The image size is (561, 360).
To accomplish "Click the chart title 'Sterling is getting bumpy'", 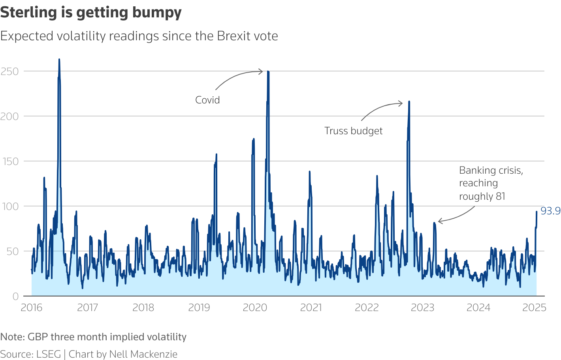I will point(91,13).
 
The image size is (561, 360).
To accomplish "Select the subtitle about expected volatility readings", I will point(139,36).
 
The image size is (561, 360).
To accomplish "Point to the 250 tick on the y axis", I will point(10,71).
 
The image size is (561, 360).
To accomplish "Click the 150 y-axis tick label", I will point(10,161).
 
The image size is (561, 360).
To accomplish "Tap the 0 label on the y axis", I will point(15,296).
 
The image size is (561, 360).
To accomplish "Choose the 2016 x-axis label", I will point(31,307).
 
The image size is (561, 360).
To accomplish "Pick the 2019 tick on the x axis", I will point(199,307).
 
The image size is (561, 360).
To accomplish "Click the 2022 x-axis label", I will point(367,307).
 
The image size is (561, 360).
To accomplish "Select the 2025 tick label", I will point(534,307).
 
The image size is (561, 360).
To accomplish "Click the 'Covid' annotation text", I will point(207,100).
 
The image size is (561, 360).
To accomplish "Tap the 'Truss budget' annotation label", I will point(353,131).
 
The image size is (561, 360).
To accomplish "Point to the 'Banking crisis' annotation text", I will point(491,171).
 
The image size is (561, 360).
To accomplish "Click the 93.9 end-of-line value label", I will point(550,211).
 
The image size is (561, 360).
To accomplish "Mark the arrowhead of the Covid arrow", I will point(262,71).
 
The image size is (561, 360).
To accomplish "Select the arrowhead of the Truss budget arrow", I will point(402,103).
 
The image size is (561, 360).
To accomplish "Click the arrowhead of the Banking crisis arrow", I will point(439,221).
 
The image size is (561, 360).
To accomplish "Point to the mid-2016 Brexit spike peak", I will point(59,59).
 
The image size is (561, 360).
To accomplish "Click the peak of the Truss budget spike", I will point(409,101).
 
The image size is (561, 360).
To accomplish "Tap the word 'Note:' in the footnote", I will point(13,337).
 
